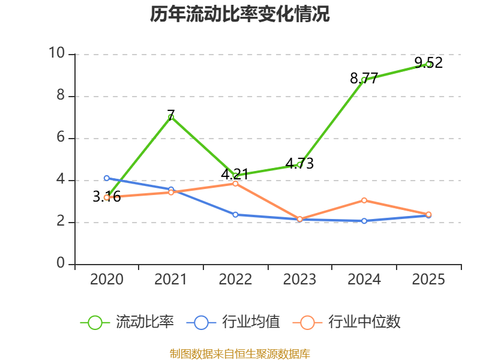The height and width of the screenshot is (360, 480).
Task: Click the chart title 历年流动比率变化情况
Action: pos(239,14)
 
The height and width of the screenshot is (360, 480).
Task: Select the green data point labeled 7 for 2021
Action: pos(171,117)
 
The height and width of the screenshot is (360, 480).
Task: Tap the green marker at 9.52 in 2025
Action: pos(428,64)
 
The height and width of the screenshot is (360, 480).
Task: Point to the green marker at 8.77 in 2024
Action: pos(364,80)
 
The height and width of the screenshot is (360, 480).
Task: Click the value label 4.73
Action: pos(299,163)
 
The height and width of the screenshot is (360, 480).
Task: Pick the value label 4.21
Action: pos(235,174)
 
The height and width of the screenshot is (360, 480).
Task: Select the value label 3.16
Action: pos(107,197)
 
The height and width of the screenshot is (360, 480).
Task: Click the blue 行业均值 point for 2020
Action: pos(107,178)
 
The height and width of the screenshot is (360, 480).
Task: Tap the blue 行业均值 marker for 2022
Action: pos(235,215)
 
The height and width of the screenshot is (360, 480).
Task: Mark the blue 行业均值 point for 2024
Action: pos(364,221)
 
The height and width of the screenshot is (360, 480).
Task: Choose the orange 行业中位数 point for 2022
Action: pos(235,184)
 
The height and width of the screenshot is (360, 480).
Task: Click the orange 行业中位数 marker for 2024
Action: pos(364,200)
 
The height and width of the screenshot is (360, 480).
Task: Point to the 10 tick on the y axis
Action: pos(57,53)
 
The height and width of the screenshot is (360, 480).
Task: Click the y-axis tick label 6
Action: pos(61,137)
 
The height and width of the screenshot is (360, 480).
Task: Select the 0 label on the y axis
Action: pos(61,263)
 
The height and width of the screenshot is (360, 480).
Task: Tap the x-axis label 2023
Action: pos(299,279)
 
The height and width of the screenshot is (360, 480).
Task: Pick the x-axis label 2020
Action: pos(107,279)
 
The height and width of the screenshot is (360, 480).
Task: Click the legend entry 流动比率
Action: pos(127,322)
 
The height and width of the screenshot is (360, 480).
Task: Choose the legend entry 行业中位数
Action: pos(347,322)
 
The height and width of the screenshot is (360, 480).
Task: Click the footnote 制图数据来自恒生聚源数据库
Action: pos(239,354)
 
